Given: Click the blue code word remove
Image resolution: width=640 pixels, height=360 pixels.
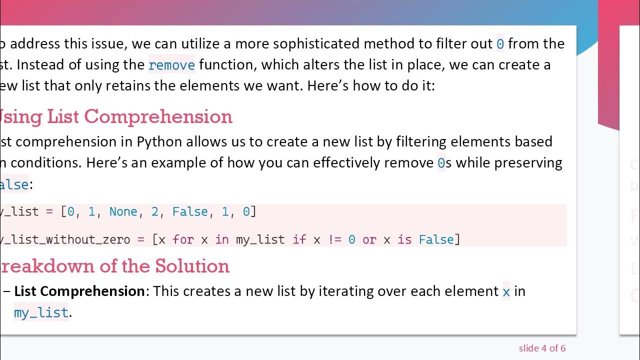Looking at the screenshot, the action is pos(171,65).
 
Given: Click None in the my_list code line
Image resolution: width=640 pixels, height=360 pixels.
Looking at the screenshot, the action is pos(123,211).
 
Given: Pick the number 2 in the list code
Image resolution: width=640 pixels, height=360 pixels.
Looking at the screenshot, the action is pos(154,211).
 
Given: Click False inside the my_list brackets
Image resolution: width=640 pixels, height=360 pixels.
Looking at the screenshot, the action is pos(190,211).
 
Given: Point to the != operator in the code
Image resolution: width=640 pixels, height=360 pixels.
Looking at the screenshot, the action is pos(334,239).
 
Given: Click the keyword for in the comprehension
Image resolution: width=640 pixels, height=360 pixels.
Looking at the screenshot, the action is pos(183,239).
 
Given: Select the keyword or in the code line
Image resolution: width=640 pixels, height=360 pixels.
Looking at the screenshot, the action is pos(369,239).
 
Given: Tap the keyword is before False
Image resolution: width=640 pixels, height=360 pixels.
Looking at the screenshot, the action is pos(404,239).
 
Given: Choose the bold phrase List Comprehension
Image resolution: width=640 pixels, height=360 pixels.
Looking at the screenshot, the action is pos(79,291).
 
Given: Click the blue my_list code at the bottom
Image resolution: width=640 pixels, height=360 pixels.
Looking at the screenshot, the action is pos(41,313).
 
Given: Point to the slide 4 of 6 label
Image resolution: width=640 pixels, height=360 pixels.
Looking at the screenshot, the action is pos(542,348).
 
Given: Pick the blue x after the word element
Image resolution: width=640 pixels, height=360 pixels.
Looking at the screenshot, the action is pos(506,291).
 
